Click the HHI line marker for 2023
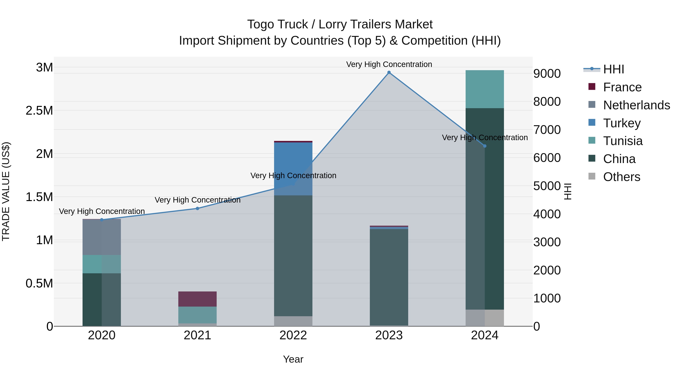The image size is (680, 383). pos(389,72)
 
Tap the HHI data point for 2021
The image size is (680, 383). pos(197,208)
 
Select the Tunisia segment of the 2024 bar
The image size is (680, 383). pos(485,89)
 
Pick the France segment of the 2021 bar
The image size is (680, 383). pos(197,299)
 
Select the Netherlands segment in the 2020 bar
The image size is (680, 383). pos(102,237)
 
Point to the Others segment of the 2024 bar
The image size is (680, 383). pos(485,318)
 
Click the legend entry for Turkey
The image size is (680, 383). pos(622,123)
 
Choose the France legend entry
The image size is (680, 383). pos(622,87)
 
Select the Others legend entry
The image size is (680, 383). pos(621,177)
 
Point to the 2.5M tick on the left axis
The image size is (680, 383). pos(39,110)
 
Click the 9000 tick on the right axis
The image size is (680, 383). pos(547,74)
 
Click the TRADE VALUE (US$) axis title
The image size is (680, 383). pos(6,191)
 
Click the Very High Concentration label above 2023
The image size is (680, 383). pos(389,64)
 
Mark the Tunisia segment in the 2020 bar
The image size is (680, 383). pos(102,264)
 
